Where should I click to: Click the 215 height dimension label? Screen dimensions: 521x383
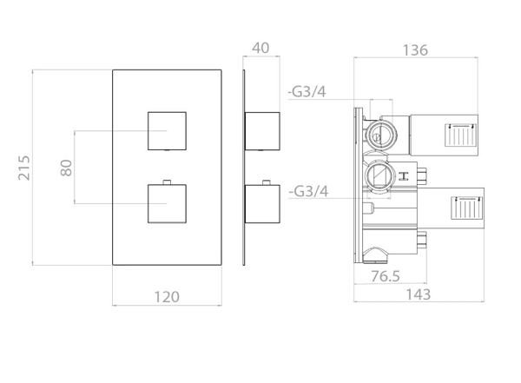tap(24, 168)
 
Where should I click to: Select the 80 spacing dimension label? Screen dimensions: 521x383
tap(66, 168)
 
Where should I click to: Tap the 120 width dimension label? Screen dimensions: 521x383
tap(167, 296)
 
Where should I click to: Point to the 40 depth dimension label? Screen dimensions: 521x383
tap(260, 48)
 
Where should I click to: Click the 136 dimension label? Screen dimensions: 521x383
tap(415, 50)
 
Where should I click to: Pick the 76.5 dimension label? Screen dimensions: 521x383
tap(386, 276)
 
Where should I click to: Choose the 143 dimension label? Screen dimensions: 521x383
tap(419, 294)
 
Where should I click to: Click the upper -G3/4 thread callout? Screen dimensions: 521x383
tap(307, 91)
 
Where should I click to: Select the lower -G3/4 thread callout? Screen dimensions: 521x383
tap(308, 191)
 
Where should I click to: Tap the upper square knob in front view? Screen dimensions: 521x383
tap(167, 131)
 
